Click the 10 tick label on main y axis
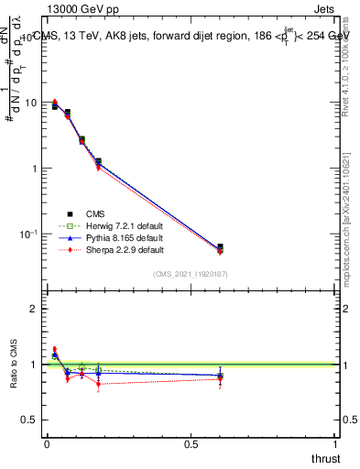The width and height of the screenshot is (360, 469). click(31, 103)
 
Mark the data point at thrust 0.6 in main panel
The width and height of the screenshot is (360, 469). click(220, 247)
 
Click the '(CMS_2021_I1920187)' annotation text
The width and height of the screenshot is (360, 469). click(191, 273)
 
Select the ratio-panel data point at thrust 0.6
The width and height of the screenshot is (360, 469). click(220, 376)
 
